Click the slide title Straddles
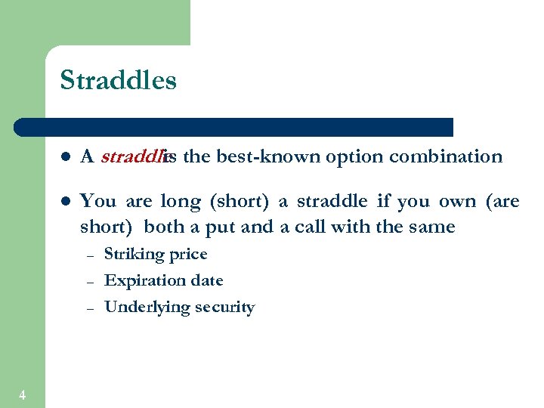118,80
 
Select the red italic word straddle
132,156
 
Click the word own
457,202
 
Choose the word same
432,227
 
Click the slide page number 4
22,394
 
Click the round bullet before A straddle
66,157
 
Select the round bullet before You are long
66,202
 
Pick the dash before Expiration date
89,282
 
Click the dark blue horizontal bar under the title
234,127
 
